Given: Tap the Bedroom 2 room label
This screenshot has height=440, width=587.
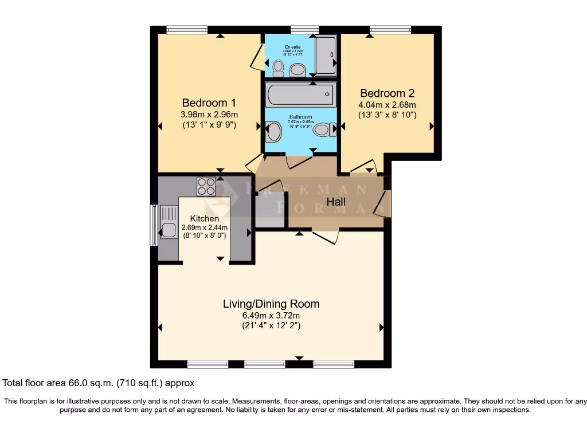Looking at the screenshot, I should [x=387, y=93].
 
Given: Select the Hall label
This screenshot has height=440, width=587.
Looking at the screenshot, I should [x=336, y=202].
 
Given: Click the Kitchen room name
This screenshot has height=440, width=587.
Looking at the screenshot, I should [x=205, y=218].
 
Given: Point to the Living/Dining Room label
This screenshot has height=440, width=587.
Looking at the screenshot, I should [x=271, y=304].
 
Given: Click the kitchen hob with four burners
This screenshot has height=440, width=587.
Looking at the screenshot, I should [x=206, y=187].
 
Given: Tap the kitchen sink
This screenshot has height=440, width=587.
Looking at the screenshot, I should [x=168, y=230].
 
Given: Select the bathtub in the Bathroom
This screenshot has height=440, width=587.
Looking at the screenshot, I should [x=300, y=93].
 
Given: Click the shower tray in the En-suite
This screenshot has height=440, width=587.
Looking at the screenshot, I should [x=326, y=55].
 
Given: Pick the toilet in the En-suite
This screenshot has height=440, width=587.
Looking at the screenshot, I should [x=278, y=69].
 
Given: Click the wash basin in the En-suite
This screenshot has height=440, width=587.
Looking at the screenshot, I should [x=298, y=70].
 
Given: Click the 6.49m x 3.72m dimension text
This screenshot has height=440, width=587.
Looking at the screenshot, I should [x=271, y=316].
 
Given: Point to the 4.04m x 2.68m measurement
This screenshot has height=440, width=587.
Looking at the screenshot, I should [x=387, y=105].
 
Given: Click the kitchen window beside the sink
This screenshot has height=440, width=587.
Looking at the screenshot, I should [x=153, y=225].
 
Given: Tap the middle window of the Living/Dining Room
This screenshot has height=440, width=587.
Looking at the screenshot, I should [x=264, y=364].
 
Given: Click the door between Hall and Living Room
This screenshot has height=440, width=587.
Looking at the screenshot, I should [x=326, y=237].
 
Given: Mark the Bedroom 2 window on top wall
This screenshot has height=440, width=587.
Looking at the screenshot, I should [x=390, y=30].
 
